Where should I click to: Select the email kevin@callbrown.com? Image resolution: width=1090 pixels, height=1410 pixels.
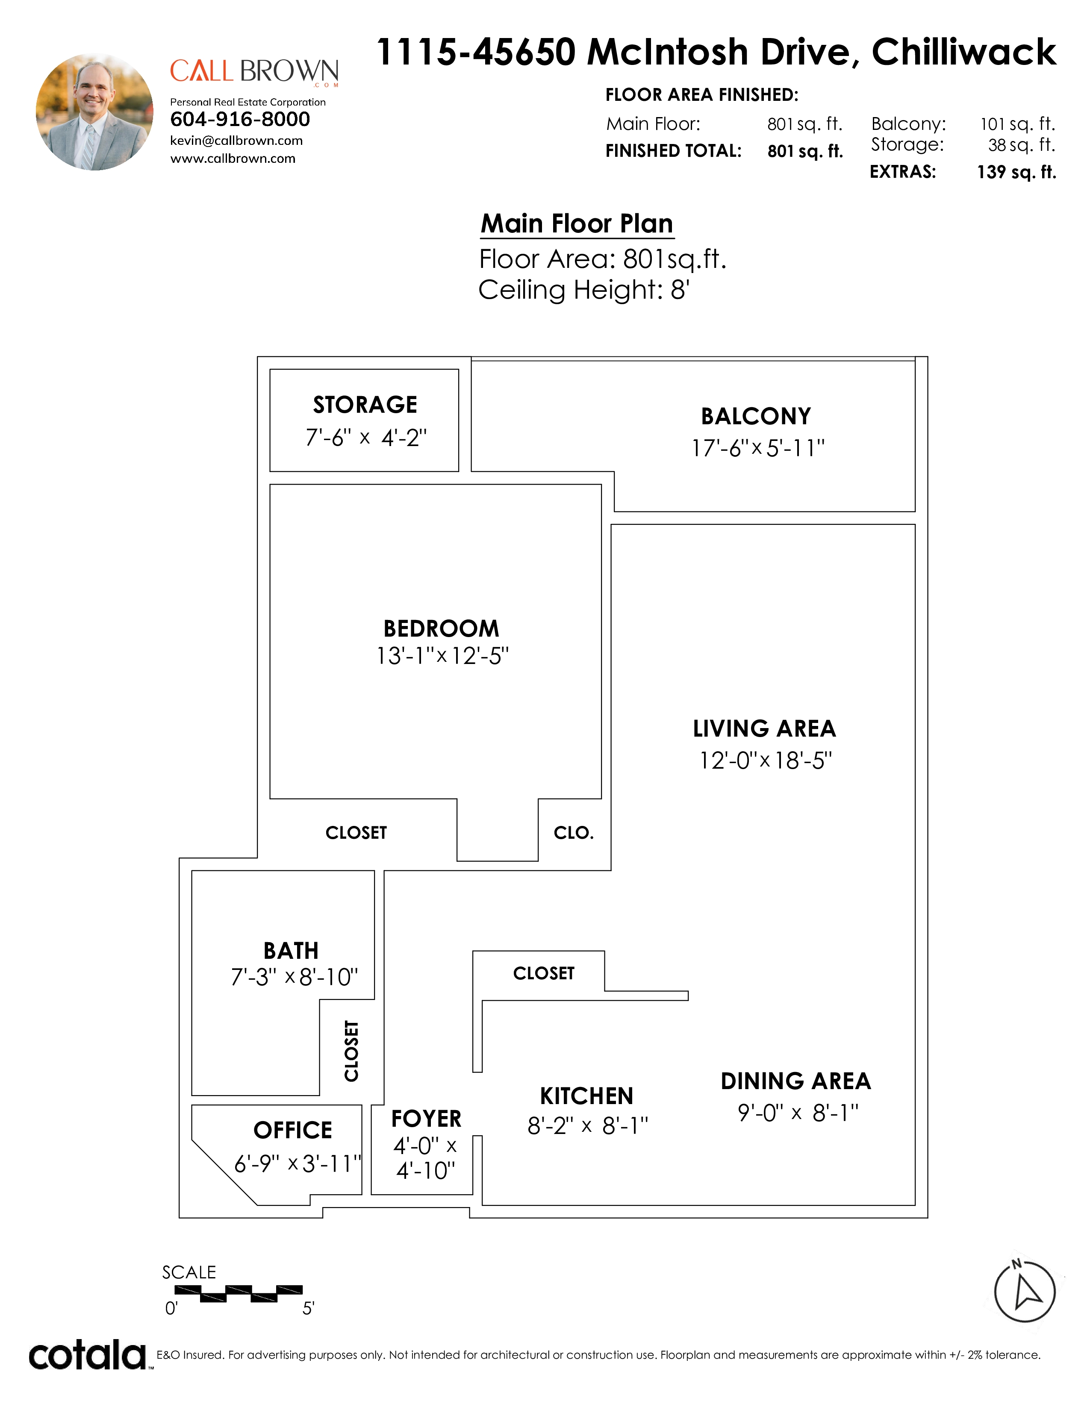point(236,141)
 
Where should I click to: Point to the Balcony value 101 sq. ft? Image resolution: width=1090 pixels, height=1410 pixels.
point(1017,124)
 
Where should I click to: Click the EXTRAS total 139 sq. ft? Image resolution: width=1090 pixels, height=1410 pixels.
point(1016,172)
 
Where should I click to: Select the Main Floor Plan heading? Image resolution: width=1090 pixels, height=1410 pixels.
point(577,224)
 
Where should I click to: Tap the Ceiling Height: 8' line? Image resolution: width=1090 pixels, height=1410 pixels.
point(584,290)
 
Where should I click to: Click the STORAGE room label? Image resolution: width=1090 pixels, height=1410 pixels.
point(365,405)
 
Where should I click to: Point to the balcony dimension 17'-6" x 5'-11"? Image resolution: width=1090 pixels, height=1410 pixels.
point(758,448)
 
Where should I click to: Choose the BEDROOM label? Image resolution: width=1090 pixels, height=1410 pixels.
point(441,628)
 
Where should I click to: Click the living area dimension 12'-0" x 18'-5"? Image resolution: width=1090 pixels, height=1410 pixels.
point(766,761)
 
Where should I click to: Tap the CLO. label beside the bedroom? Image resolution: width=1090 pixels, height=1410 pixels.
point(573,833)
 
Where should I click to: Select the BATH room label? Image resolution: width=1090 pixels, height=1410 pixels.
point(291,951)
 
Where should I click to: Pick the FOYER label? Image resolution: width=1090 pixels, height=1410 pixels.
point(426,1119)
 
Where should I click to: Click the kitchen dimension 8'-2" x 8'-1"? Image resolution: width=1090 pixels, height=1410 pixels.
point(588,1126)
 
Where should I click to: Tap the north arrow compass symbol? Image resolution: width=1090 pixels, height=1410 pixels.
point(1024,1291)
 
